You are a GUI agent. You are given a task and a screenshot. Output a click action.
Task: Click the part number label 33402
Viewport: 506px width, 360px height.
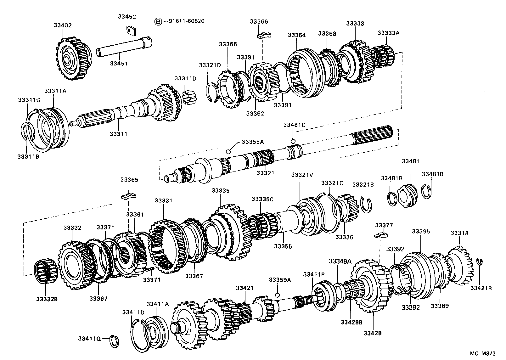(x=63, y=25)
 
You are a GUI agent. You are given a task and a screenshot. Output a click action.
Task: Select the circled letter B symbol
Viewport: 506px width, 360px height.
(x=158, y=22)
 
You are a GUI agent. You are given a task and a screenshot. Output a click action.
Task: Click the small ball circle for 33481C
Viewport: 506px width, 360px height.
(x=292, y=141)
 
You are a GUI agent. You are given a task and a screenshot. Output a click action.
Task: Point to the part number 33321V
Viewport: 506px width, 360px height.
(x=302, y=175)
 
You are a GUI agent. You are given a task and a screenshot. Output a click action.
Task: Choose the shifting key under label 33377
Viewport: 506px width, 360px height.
(x=381, y=235)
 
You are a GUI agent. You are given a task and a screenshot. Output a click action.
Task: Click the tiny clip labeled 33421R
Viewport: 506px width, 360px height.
(x=481, y=262)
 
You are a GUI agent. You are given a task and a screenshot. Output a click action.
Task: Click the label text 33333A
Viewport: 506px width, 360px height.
(x=388, y=33)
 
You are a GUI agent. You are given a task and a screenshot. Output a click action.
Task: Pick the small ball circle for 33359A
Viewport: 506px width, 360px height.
(x=277, y=295)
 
